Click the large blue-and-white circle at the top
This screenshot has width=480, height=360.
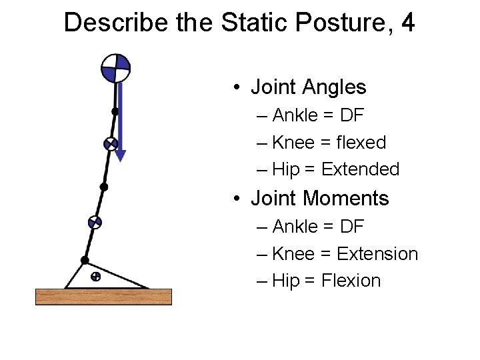(115, 68)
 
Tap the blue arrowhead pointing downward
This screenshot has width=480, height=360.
(120, 155)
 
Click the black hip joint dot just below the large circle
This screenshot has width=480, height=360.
(115, 111)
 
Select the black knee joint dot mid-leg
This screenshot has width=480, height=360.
(103, 187)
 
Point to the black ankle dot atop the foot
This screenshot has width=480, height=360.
(85, 260)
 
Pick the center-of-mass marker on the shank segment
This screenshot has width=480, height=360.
(95, 223)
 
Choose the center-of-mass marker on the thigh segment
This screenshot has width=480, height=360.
(111, 144)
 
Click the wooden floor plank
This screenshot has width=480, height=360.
(103, 296)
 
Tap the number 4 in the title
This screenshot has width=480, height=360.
(407, 23)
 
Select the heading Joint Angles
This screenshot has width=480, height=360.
(308, 87)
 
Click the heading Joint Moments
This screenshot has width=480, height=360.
(319, 198)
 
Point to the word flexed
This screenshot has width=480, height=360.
(362, 143)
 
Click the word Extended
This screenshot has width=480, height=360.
(360, 170)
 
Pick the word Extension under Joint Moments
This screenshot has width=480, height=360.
(377, 254)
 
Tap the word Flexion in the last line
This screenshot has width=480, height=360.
(351, 281)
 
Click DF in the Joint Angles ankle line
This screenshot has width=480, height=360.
(351, 115)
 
